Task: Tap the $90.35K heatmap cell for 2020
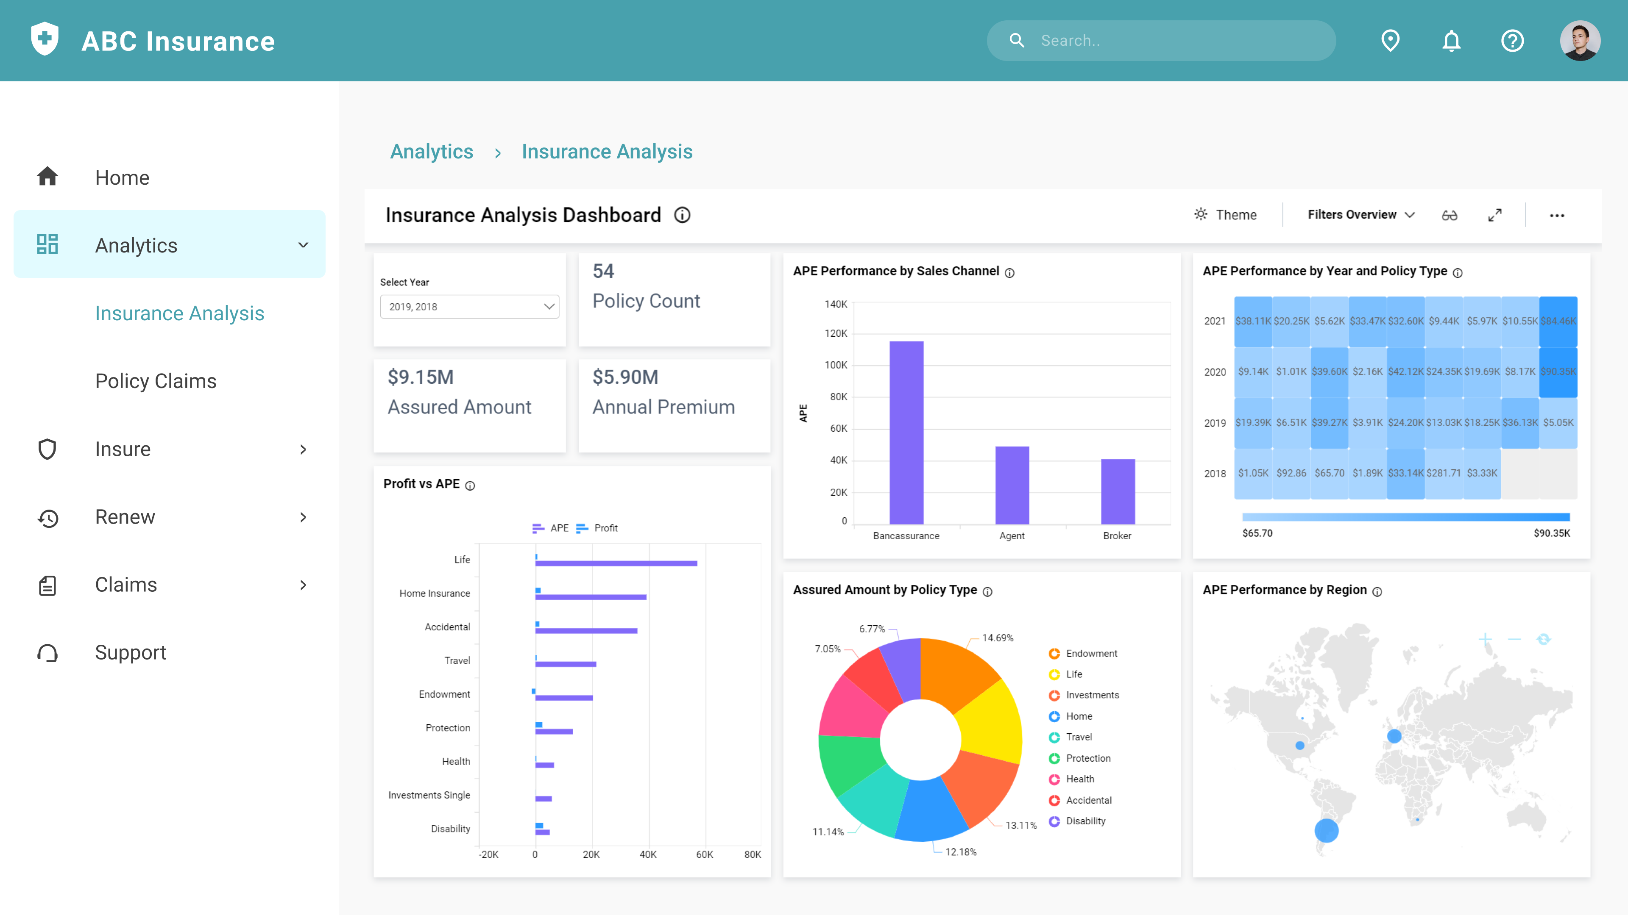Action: click(x=1558, y=372)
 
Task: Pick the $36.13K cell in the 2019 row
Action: click(x=1520, y=422)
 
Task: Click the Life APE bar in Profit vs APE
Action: click(x=616, y=563)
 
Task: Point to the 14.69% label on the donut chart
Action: click(x=997, y=638)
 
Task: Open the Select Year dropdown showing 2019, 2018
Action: click(x=469, y=307)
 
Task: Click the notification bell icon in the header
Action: click(x=1451, y=41)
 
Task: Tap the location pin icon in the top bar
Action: click(x=1390, y=41)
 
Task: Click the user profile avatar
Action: click(x=1579, y=41)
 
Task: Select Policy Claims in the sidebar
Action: click(x=156, y=381)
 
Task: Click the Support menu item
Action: click(x=130, y=652)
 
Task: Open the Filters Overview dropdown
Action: click(x=1360, y=215)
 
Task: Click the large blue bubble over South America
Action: click(x=1326, y=830)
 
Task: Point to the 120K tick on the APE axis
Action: click(x=836, y=333)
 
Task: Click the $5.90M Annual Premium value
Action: click(x=625, y=377)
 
